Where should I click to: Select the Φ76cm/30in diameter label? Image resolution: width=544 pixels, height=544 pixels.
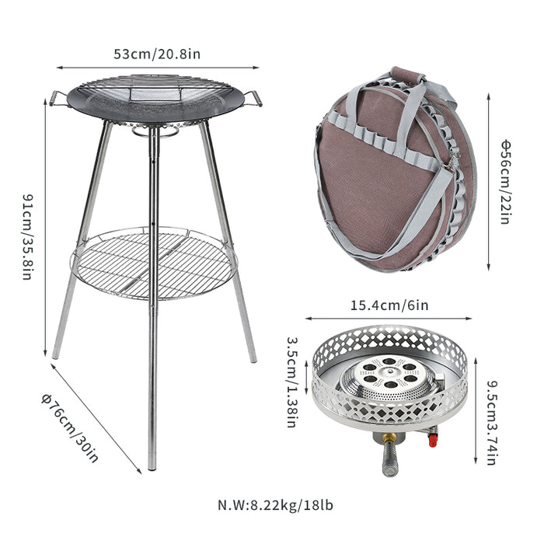pos(70,427)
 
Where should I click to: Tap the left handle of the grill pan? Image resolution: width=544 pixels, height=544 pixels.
pos(57,98)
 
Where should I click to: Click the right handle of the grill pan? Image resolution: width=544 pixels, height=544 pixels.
pos(253,98)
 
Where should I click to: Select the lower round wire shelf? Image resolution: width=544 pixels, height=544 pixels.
pos(153,263)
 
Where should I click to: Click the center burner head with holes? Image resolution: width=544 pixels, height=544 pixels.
pos(387,374)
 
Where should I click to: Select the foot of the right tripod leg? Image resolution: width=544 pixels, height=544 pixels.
pos(253,358)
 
